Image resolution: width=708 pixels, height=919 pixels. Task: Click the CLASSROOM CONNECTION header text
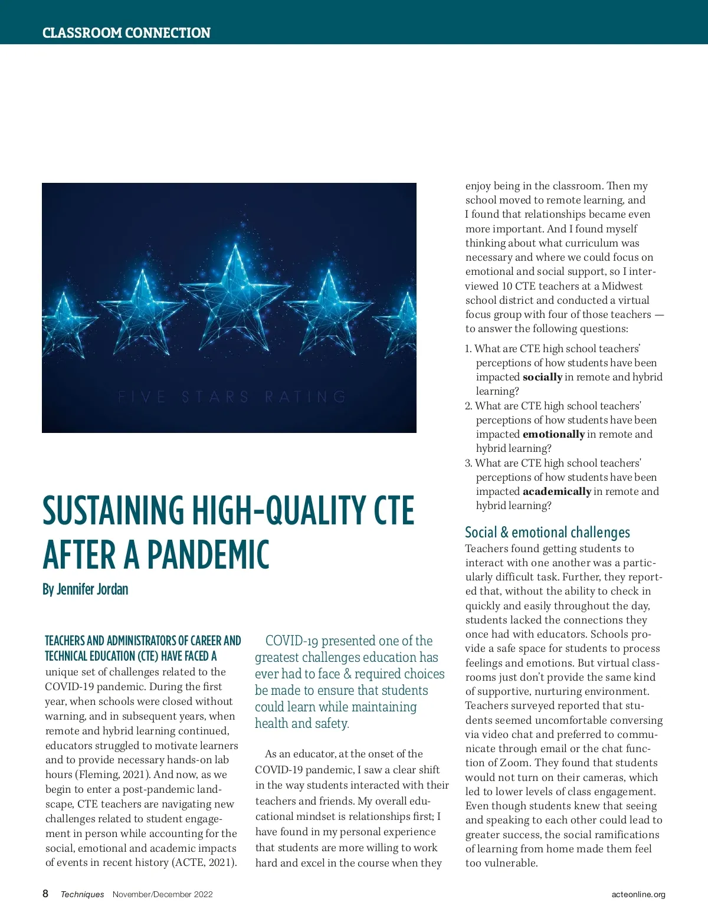click(x=126, y=32)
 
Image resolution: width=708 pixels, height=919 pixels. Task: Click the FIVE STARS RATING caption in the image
click(x=232, y=396)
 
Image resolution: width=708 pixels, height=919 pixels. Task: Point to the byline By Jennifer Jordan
click(x=85, y=589)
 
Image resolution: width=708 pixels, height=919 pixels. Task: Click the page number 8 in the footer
click(x=45, y=894)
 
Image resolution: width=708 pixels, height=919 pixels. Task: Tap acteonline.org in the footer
click(x=638, y=894)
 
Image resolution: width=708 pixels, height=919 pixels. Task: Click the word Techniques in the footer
click(x=82, y=894)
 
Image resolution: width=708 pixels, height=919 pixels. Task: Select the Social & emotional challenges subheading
click(x=547, y=532)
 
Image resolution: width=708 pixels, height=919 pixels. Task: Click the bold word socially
click(x=542, y=377)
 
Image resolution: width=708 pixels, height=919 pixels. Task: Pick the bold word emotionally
click(x=553, y=434)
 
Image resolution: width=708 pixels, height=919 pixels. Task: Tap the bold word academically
click(x=556, y=491)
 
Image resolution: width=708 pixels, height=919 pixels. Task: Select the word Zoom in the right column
click(x=514, y=763)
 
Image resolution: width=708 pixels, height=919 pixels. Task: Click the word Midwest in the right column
click(x=622, y=286)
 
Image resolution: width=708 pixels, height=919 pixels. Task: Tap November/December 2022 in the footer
click(x=162, y=894)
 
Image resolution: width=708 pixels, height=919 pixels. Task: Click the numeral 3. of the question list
click(x=468, y=463)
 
